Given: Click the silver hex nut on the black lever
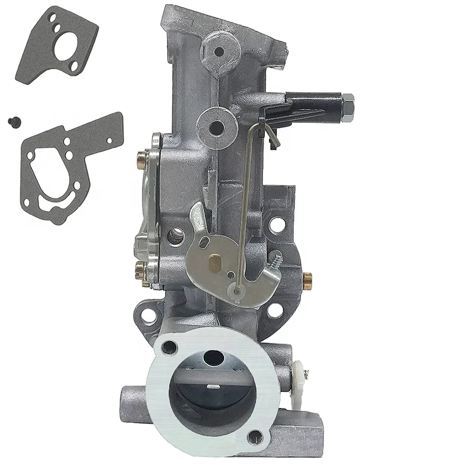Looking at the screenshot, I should (x=347, y=107).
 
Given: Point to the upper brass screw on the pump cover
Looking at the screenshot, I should (x=142, y=159).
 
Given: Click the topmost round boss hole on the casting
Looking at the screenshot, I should (x=218, y=51).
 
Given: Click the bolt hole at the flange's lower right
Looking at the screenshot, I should (x=255, y=437).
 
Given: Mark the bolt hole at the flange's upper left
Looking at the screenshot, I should (x=170, y=347).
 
